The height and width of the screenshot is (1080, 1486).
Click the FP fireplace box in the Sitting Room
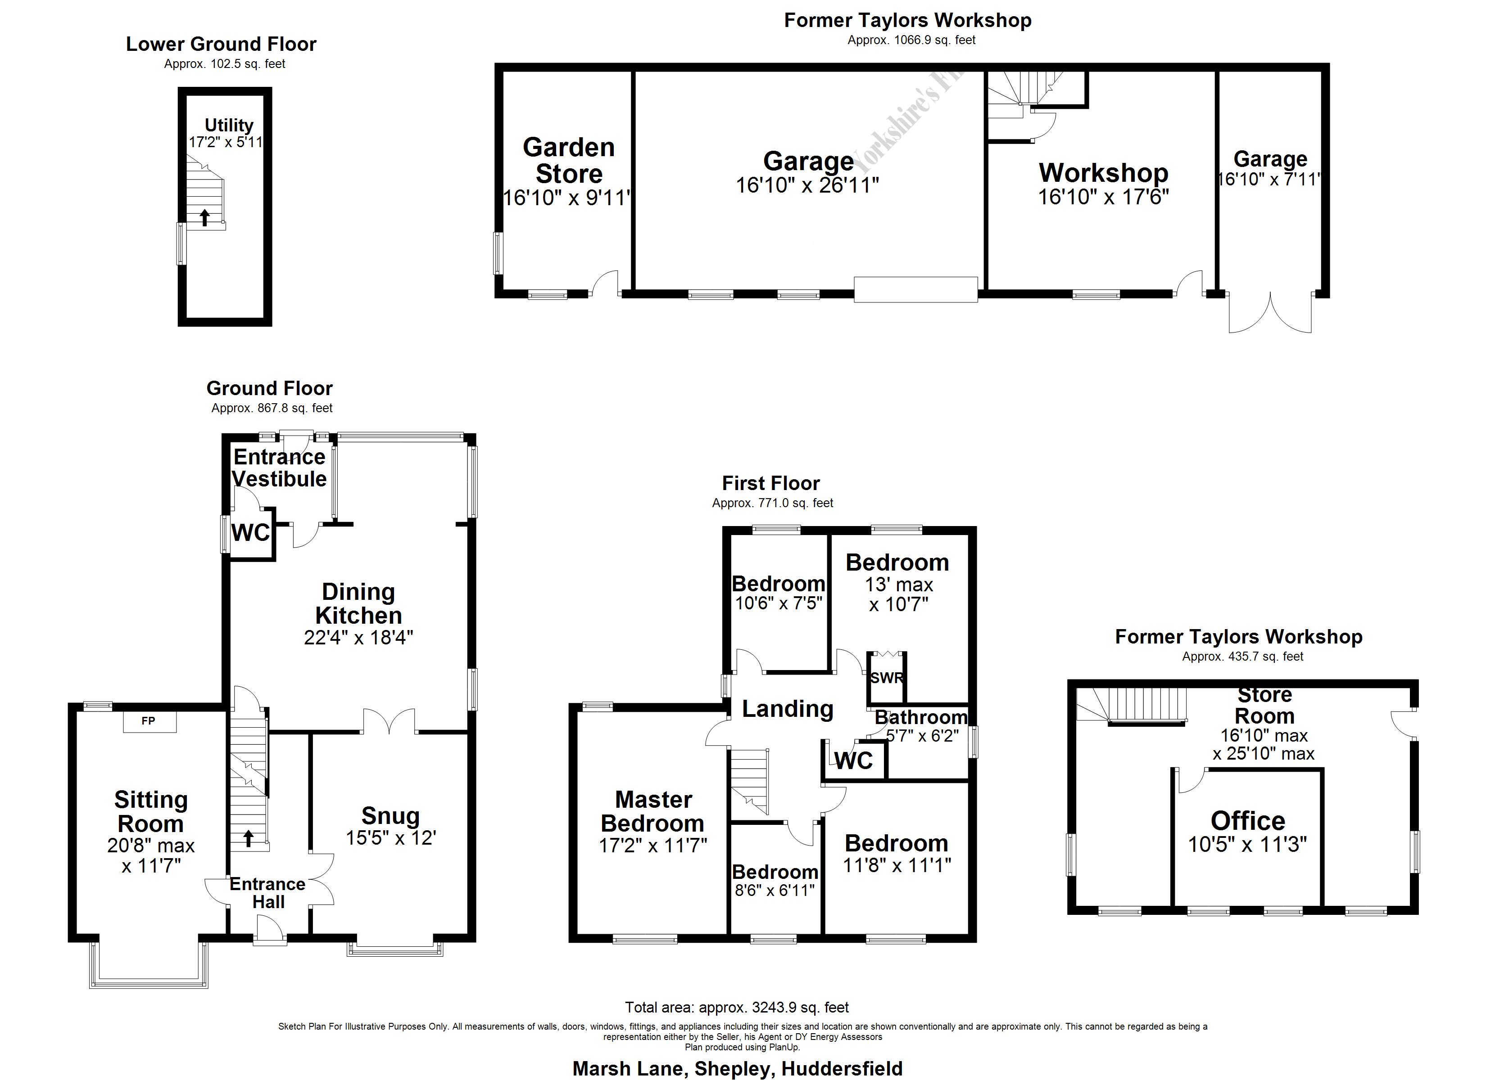pos(150,721)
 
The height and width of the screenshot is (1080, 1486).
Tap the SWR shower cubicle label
pos(887,678)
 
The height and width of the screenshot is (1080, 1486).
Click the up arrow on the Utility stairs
pos(204,217)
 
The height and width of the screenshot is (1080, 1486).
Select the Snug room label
pos(390,815)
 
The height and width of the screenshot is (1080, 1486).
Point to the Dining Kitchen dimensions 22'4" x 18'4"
pos(358,637)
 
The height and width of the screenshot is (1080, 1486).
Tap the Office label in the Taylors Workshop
pos(1247,821)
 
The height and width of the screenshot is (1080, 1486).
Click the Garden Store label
pos(568,161)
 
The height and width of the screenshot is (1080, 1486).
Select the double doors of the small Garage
pos(1270,313)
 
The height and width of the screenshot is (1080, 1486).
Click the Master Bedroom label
pos(652,811)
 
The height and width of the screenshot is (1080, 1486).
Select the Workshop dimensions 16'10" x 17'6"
pos(1103,197)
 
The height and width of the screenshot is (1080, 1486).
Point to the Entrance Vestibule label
pos(279,468)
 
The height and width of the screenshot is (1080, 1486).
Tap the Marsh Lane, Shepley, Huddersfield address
pos(737,1068)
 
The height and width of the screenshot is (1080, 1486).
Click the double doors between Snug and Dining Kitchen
pos(389,722)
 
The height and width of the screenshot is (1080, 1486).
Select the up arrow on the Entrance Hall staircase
pos(248,838)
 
